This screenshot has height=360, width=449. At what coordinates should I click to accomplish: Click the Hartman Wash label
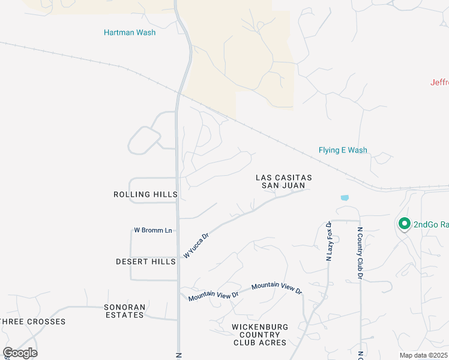129,32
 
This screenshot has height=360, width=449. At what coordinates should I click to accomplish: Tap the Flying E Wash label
343,150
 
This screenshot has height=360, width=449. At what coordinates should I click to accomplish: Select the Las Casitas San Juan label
284,181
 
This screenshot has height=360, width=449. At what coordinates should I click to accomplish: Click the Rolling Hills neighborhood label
146,194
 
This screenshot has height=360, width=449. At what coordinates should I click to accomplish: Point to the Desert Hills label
146,262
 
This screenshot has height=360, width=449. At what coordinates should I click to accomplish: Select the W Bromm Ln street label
152,230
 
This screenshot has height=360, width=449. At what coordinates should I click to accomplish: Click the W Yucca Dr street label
196,246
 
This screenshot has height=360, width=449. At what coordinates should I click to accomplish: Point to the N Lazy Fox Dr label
329,241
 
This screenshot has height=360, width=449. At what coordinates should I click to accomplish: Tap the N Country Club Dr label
360,253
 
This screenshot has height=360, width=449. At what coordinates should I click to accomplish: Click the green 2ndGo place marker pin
404,224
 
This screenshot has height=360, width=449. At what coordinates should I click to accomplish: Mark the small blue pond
345,197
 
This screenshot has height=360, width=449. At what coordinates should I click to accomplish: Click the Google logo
20,353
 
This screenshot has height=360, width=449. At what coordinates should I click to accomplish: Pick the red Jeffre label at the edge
439,82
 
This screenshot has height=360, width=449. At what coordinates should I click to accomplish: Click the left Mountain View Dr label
213,296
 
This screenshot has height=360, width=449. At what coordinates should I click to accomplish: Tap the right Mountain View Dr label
277,288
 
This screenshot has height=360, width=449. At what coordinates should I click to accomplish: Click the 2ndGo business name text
431,224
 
